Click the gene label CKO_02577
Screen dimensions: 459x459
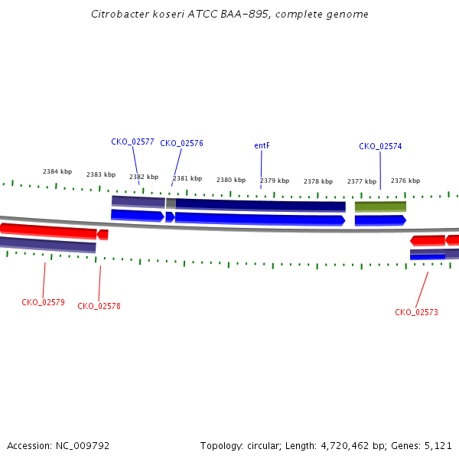click(132, 142)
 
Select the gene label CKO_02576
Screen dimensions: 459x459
click(181, 144)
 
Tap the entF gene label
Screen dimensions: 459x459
click(262, 145)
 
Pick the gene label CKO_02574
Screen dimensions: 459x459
click(380, 146)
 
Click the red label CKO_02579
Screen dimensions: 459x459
click(43, 302)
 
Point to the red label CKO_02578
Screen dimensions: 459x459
click(99, 306)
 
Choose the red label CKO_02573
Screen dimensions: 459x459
click(416, 312)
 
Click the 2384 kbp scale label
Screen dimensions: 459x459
click(57, 171)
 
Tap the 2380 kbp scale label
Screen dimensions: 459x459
click(231, 180)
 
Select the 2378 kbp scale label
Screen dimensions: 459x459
click(318, 181)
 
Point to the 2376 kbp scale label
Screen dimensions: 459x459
click(405, 181)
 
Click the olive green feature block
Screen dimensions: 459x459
click(380, 207)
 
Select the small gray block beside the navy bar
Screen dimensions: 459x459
click(171, 203)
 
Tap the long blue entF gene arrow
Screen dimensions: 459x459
click(260, 220)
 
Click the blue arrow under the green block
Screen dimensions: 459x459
click(380, 220)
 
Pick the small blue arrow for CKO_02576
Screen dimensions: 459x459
click(170, 217)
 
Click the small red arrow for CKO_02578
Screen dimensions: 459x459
click(103, 235)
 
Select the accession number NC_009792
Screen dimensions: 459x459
click(83, 446)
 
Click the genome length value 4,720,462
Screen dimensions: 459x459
click(345, 446)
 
